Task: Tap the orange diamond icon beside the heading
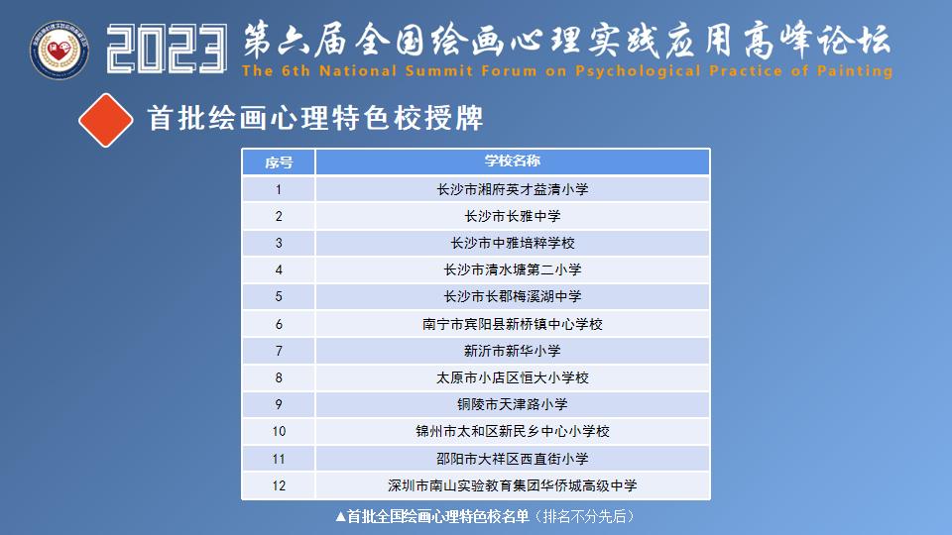pos(106,120)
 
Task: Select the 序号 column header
pos(279,161)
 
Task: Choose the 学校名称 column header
pos(512,161)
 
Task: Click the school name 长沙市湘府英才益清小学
pos(512,189)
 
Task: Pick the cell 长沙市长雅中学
pos(512,216)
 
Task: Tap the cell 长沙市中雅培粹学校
pos(512,243)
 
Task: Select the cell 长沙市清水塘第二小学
pos(512,269)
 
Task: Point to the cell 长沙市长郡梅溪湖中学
pos(512,296)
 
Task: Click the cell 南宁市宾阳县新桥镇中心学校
pos(512,324)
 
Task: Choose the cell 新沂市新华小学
pos(512,351)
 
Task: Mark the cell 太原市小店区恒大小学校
pos(512,377)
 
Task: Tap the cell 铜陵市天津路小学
pos(512,404)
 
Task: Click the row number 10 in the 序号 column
pos(279,432)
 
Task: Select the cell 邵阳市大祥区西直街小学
pos(512,459)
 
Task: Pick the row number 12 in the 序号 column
pos(279,485)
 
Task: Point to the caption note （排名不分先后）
pos(584,516)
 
